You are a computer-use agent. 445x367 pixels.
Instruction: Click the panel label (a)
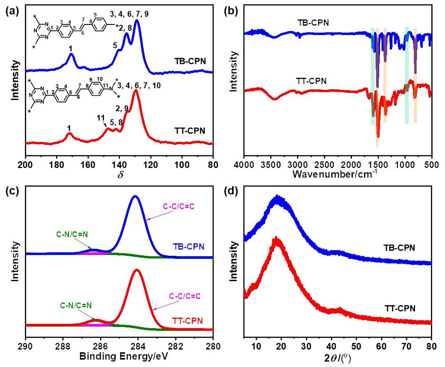click(9, 9)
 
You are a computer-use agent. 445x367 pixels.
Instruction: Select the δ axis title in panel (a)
click(120, 174)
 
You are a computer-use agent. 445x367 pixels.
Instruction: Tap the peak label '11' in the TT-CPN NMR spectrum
click(100, 118)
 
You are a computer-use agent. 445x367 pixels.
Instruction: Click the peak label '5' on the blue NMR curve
click(115, 45)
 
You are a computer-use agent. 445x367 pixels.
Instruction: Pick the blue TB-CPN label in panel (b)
click(312, 22)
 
